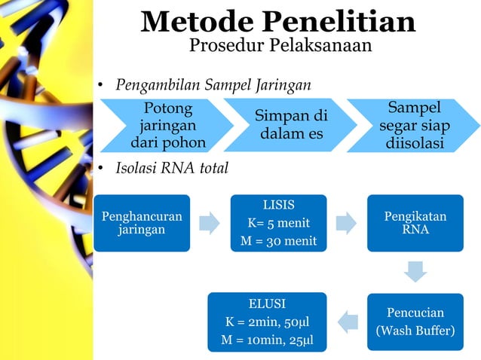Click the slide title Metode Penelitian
278,21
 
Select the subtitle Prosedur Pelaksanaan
279,46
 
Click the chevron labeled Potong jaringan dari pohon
167,125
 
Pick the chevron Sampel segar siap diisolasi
414,125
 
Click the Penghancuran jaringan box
141,223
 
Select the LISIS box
278,223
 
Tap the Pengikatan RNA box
415,223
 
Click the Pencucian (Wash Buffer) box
415,322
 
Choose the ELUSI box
267,322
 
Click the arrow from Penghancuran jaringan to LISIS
210,223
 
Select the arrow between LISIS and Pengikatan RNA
347,223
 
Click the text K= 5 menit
278,223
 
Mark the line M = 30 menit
278,241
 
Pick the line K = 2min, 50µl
267,322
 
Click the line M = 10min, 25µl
267,340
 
